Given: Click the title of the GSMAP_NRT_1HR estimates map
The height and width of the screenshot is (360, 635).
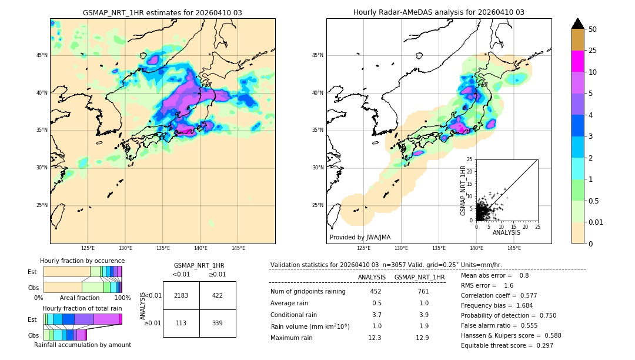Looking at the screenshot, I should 162,12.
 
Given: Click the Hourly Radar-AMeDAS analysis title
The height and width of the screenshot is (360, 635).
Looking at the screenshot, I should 439,12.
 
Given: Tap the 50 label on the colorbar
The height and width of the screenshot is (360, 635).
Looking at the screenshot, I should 593,29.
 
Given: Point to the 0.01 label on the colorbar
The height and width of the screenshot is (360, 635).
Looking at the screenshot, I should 596,222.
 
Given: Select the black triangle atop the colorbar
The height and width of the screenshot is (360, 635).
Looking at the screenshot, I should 578,24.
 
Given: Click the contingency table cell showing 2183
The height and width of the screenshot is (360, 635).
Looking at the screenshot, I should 181,295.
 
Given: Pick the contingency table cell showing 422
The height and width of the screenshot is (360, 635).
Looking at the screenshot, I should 218,295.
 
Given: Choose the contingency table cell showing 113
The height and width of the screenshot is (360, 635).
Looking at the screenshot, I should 181,323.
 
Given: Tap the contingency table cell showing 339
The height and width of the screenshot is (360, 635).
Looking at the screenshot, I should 218,323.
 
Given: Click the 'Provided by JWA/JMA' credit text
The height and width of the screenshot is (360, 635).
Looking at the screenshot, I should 360,238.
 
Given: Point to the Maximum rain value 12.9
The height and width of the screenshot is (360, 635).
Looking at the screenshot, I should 423,338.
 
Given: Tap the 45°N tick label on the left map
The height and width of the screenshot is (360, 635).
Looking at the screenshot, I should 41,55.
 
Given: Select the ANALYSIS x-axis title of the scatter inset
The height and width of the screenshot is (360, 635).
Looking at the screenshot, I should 506,232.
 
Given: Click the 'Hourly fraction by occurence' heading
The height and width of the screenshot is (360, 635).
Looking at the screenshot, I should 82,261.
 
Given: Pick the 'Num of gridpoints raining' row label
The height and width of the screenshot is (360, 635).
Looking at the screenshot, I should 308,292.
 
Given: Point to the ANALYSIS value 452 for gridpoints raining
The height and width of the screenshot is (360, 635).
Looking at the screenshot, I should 376,292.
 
